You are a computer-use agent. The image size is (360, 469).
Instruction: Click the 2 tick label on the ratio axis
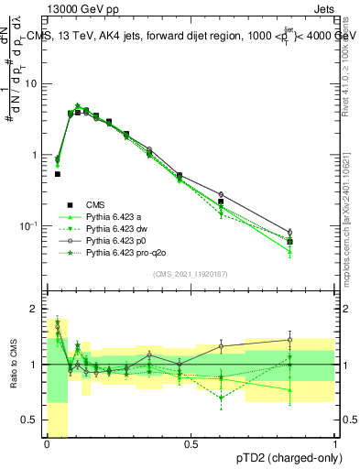click(x=36, y=310)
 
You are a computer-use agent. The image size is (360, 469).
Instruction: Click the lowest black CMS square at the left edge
click(x=57, y=173)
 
